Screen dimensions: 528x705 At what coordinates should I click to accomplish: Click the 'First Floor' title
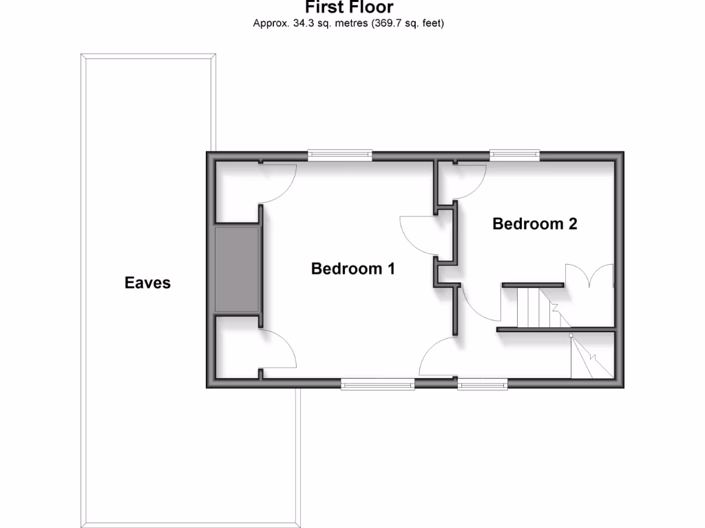click(349, 8)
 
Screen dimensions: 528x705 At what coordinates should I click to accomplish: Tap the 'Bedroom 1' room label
click(352, 268)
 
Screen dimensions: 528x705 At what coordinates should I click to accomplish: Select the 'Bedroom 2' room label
click(534, 223)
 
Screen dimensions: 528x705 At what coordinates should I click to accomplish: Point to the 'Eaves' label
click(147, 283)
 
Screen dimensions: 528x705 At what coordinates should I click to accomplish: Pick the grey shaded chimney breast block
click(238, 269)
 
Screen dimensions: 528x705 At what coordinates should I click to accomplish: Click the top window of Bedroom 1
click(339, 155)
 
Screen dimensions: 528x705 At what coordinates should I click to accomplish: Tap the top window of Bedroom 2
click(514, 155)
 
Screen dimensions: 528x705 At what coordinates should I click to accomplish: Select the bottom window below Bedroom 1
click(377, 384)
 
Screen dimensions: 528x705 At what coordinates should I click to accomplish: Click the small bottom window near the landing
click(483, 384)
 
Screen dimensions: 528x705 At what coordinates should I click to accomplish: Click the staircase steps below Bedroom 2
click(532, 307)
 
